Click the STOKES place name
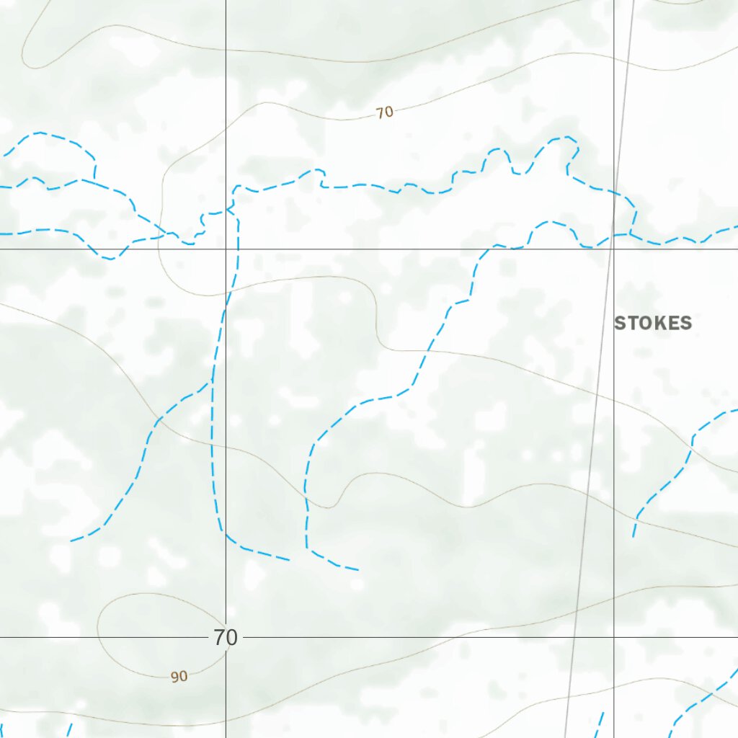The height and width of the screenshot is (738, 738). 652,323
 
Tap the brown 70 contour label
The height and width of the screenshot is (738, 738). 385,112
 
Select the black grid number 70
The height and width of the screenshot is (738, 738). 225,638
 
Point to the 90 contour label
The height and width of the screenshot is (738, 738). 179,677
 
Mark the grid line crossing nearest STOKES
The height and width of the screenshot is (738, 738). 614,249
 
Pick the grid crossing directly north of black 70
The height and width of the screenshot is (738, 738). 226,249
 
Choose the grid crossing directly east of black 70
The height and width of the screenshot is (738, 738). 614,637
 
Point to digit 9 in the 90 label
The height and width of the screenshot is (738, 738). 175,677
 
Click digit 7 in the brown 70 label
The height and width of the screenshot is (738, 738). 381,112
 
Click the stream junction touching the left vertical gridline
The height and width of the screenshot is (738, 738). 229,209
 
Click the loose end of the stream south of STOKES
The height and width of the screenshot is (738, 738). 633,536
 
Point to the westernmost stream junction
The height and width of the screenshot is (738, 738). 94,179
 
